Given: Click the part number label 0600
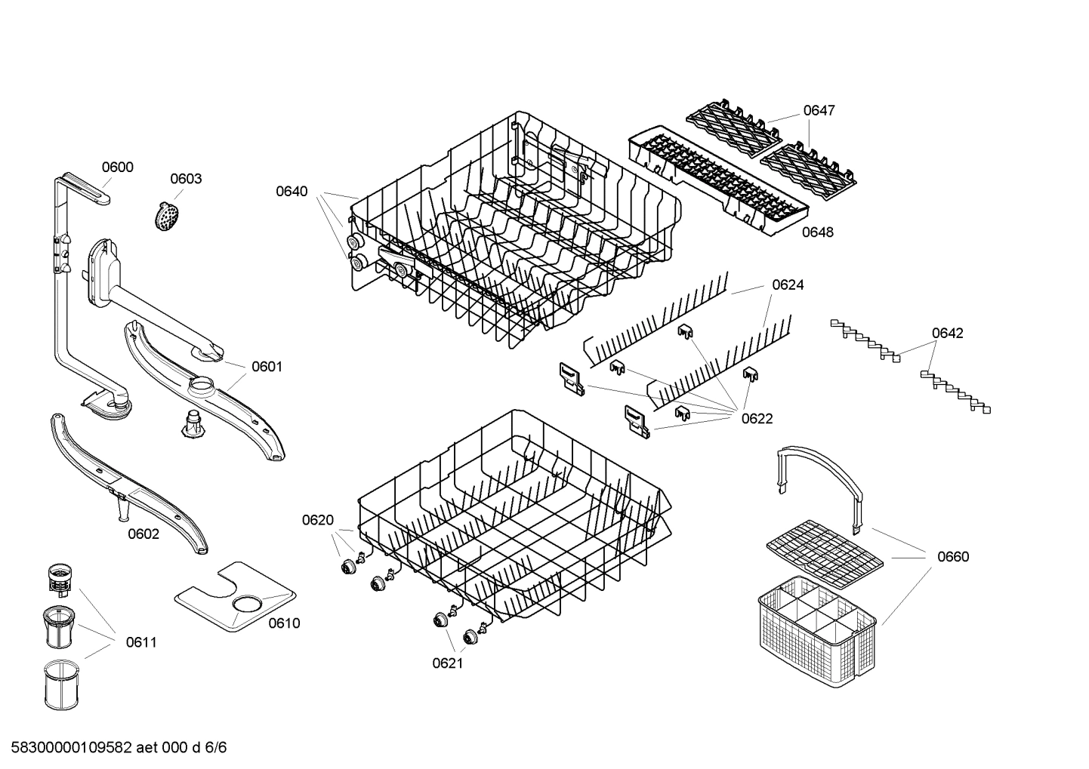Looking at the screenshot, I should (117, 167).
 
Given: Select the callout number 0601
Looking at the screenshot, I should (267, 367).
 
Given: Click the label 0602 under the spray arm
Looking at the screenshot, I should (143, 534).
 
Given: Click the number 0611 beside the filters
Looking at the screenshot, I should (141, 642).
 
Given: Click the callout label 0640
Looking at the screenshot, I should (292, 191).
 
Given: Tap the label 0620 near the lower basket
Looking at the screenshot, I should (317, 519).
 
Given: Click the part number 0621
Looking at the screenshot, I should (447, 663).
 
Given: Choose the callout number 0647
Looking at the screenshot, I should (819, 110).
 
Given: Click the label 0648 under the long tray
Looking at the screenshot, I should (817, 232).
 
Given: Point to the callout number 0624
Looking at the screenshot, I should (788, 285).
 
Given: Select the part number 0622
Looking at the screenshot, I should (757, 418).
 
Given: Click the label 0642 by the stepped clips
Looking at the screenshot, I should (947, 333).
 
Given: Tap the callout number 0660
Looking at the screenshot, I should (952, 556).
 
